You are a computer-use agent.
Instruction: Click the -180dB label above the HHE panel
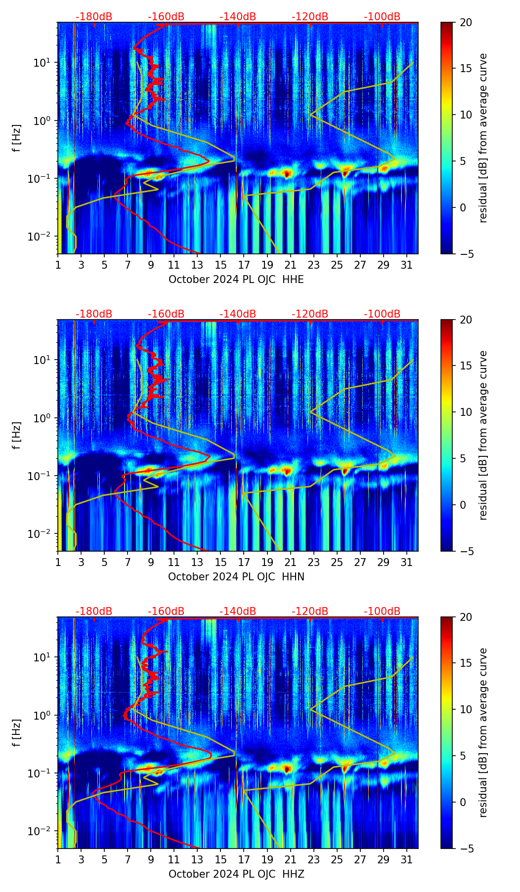pos(94,17)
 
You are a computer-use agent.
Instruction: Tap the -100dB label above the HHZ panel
pos(382,611)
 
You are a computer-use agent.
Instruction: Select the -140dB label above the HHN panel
pos(238,314)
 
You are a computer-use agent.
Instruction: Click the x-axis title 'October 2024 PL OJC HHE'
pos(236,280)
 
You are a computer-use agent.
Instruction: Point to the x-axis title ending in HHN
pos(236,577)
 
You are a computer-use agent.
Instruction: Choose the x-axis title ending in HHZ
pos(236,874)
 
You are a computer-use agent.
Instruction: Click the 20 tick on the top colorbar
pos(466,22)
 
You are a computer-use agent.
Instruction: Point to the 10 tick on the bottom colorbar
pos(466,709)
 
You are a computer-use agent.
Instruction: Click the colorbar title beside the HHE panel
pos(483,138)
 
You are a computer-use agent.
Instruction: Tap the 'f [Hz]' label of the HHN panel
pos(17,435)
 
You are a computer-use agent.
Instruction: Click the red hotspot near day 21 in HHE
pos(287,173)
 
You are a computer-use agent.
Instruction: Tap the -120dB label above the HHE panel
pos(310,17)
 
